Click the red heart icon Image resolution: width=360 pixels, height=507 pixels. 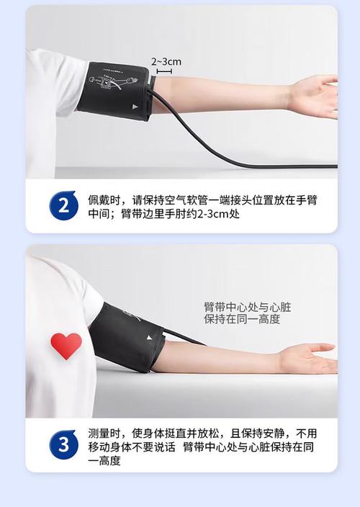[x=66, y=345]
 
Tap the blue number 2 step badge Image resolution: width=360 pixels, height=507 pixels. [x=63, y=206]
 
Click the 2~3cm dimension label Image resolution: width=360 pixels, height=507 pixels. [x=166, y=62]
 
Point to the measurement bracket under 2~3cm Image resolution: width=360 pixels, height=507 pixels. [x=164, y=71]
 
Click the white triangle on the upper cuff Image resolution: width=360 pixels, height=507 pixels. [x=135, y=106]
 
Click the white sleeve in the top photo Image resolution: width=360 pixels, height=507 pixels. [x=54, y=83]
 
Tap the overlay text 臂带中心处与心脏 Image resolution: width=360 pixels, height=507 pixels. [x=247, y=307]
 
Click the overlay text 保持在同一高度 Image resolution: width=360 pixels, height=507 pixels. [x=241, y=319]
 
